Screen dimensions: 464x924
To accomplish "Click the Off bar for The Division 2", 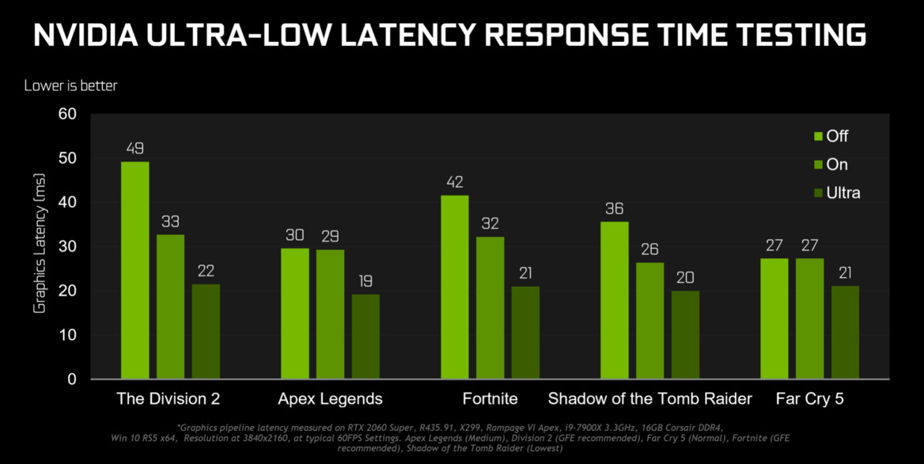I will click(134, 269).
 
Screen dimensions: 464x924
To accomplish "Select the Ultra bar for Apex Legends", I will click(365, 337).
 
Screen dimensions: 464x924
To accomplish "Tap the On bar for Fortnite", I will click(490, 307).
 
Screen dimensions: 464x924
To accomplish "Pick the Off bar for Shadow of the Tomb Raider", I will click(614, 300).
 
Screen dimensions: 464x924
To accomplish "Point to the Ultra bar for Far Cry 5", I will click(845, 332).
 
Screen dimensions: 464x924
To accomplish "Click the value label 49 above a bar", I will click(134, 149).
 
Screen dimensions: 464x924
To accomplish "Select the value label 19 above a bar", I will click(365, 281).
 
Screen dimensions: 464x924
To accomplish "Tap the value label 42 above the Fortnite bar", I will click(455, 182).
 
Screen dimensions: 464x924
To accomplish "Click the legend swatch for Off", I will click(818, 137).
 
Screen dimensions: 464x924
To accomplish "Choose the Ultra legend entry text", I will click(843, 192).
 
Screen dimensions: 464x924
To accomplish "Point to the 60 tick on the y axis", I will click(67, 114).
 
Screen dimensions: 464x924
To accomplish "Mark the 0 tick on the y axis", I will click(72, 379).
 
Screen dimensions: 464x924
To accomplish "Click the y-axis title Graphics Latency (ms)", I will click(40, 245).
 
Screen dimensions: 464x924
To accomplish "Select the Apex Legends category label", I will click(330, 398).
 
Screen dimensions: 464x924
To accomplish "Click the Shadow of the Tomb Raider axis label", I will click(649, 398).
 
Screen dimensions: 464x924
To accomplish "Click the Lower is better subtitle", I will click(70, 85).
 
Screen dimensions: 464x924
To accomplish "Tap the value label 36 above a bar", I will click(614, 209).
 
